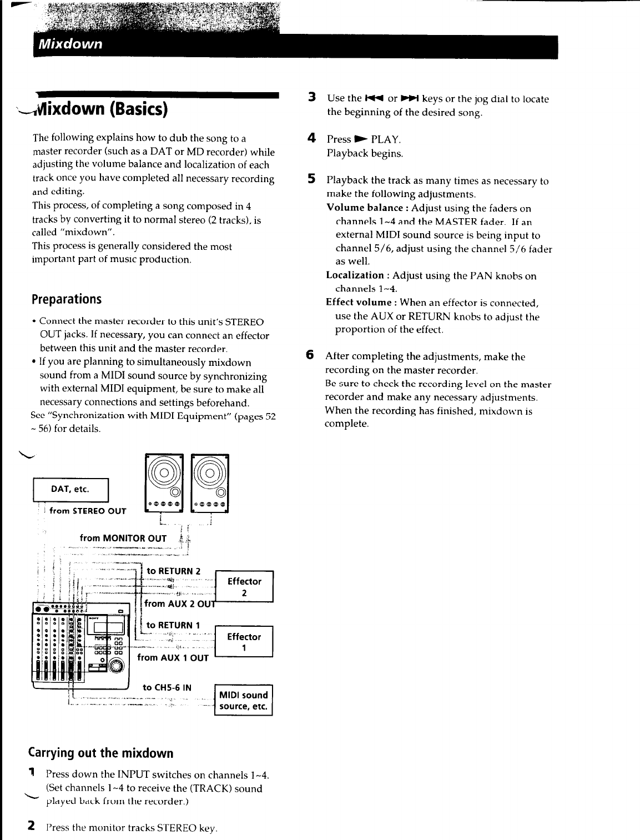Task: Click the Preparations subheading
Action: (67, 299)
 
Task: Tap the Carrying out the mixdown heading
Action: (100, 753)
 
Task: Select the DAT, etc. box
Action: (70, 490)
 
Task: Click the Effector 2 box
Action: (244, 587)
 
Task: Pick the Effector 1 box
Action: (244, 642)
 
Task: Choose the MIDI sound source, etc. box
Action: (243, 701)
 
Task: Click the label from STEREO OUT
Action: (88, 511)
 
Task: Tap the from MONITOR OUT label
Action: (123, 538)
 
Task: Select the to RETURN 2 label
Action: (173, 571)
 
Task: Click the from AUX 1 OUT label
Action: (173, 658)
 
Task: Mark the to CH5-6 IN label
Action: (167, 687)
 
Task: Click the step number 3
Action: (312, 97)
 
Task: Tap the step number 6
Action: (310, 355)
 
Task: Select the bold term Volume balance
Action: (365, 208)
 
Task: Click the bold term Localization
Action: (355, 275)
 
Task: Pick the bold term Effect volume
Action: (359, 302)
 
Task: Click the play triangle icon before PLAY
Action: (361, 139)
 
